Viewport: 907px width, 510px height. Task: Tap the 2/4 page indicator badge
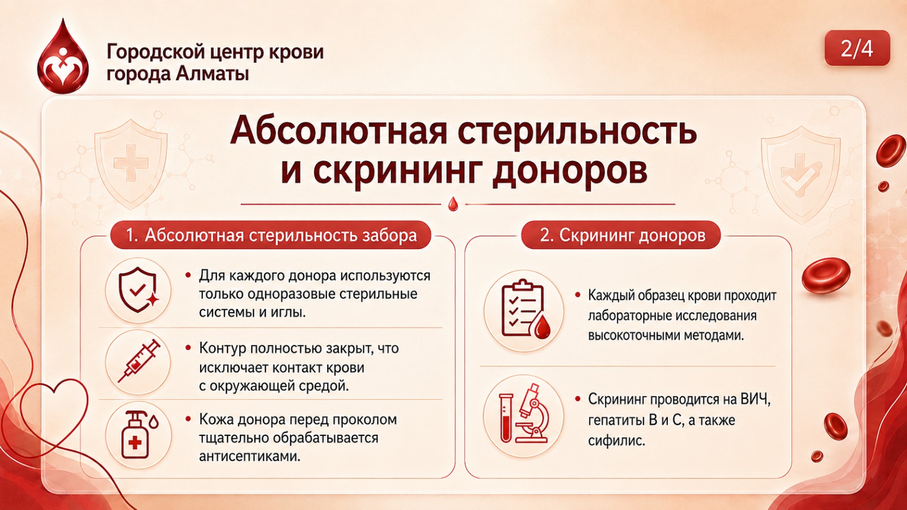[x=857, y=48]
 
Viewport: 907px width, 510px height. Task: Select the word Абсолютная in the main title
[x=338, y=131]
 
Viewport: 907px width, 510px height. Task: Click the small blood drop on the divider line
[x=453, y=204]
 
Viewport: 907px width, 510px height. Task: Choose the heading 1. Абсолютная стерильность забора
[x=271, y=235]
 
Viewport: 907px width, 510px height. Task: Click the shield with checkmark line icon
[x=138, y=290]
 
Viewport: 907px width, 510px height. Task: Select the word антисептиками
[x=249, y=457]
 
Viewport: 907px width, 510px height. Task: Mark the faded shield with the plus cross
[x=130, y=164]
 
